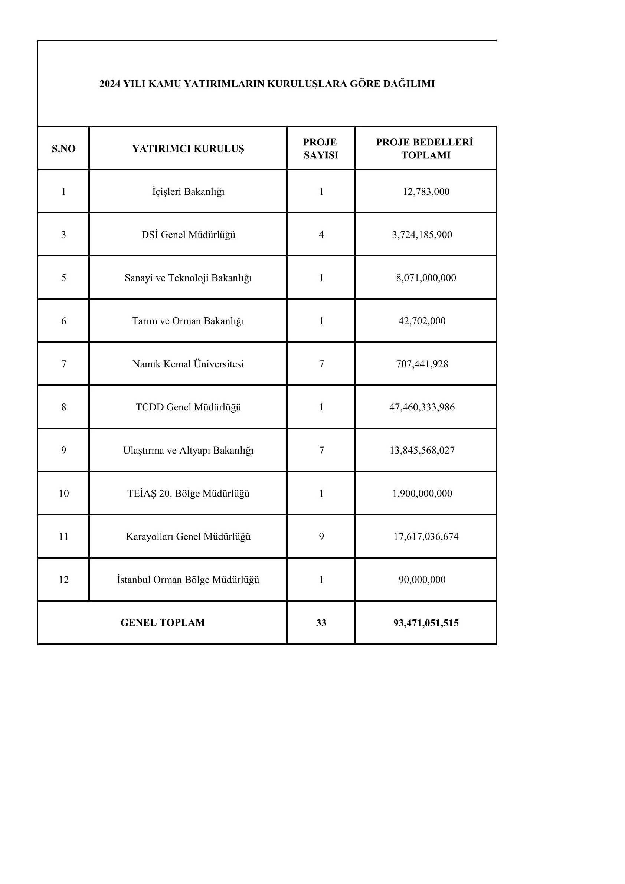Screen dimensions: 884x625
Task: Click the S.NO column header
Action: click(63, 148)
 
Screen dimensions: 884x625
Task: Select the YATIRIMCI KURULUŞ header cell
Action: click(188, 148)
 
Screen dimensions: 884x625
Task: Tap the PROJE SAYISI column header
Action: click(321, 148)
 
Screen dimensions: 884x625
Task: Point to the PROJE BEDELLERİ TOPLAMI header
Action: click(425, 148)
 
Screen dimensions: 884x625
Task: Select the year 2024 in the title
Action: click(110, 84)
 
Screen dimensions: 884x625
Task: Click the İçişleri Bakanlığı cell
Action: click(188, 192)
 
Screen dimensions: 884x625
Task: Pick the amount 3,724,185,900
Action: click(422, 235)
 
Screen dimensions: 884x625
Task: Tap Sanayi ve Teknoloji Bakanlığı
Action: click(188, 278)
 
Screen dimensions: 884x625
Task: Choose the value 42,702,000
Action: click(422, 321)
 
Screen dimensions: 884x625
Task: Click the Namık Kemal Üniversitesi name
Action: click(188, 364)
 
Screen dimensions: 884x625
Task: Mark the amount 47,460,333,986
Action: click(422, 407)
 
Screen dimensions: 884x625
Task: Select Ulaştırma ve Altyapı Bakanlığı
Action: click(188, 451)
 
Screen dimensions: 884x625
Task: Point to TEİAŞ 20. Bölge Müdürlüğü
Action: click(188, 494)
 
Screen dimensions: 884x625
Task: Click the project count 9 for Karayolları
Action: click(321, 537)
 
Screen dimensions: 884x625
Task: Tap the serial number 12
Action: click(63, 580)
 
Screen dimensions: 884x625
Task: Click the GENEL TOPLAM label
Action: click(163, 623)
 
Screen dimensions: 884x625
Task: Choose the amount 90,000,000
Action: click(422, 580)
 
